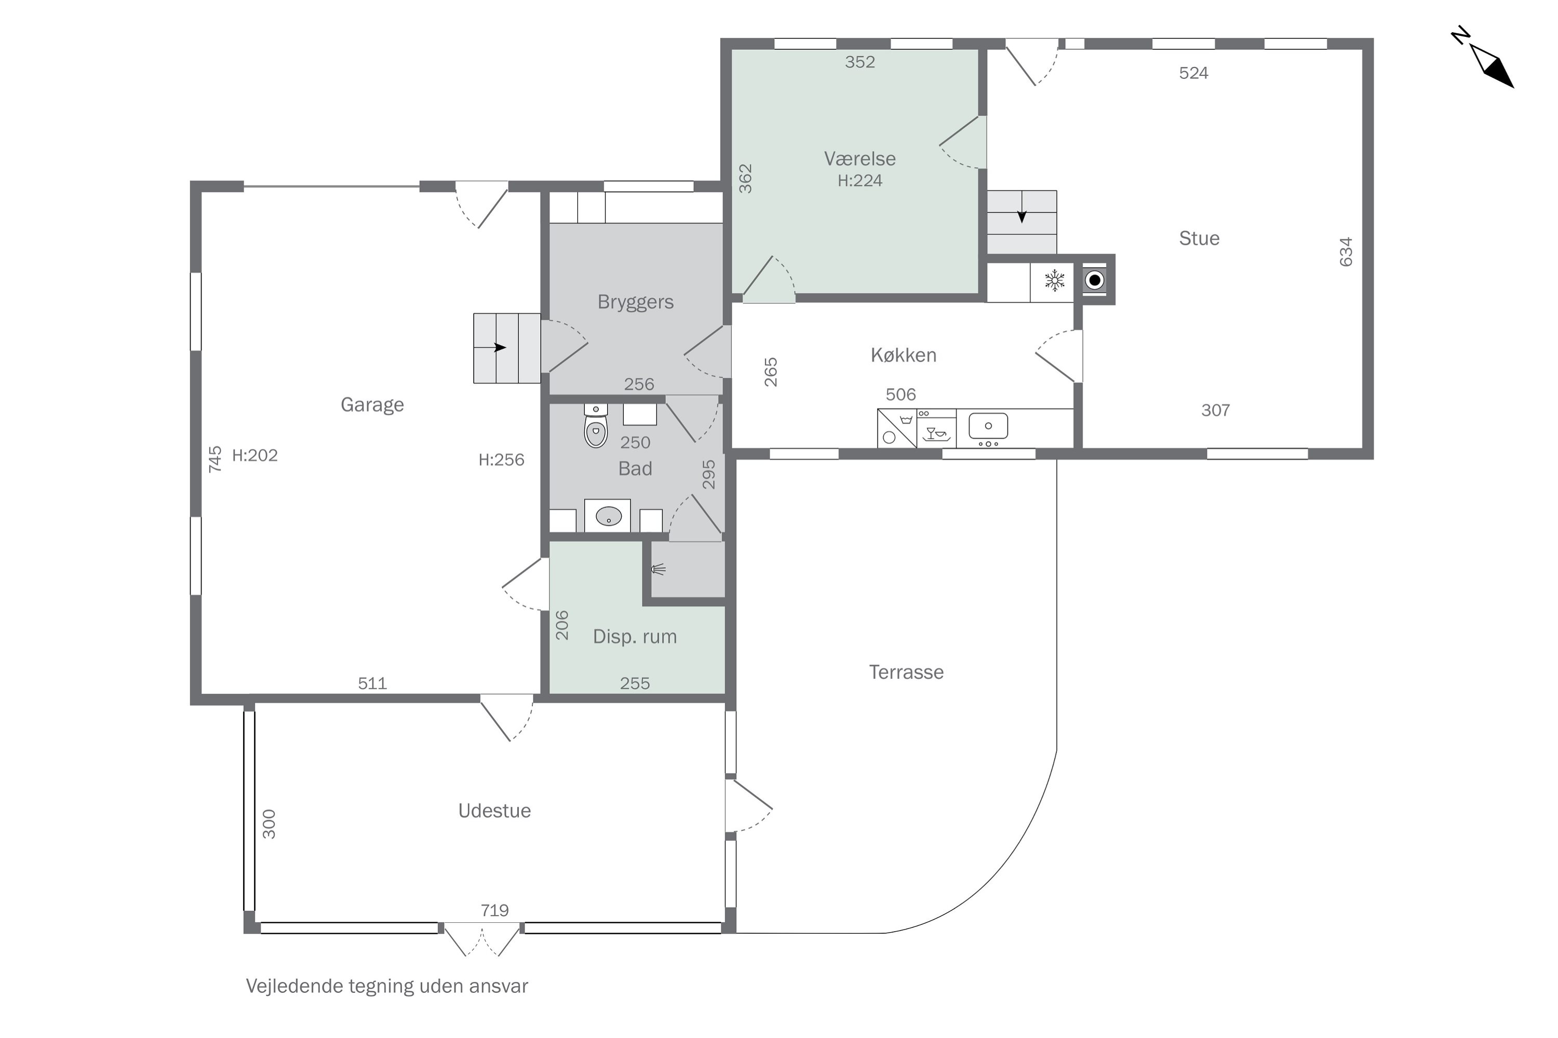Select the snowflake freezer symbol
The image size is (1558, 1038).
tap(1055, 280)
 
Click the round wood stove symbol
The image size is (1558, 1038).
tap(1095, 281)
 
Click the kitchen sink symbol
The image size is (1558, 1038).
tap(988, 426)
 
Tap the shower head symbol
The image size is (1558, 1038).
tap(658, 569)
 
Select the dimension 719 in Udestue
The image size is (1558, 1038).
tap(495, 910)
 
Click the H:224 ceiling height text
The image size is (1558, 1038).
tap(860, 181)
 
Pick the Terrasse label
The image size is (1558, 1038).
tap(906, 673)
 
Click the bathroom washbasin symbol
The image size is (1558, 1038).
tap(608, 516)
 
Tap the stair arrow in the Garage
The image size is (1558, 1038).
tap(499, 348)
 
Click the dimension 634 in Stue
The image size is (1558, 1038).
tap(1346, 252)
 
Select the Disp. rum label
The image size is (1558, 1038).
tap(635, 637)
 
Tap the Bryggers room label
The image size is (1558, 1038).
tap(635, 303)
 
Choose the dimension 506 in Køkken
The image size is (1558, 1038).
tap(901, 394)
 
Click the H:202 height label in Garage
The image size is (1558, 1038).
tap(255, 456)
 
